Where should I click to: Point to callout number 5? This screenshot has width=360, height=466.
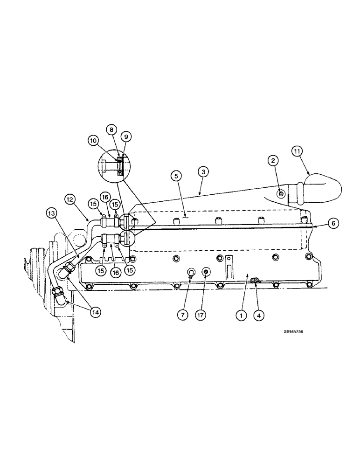tap(175, 176)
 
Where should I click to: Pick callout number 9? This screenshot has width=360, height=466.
tap(125, 137)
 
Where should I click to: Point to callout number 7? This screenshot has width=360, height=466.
tap(182, 315)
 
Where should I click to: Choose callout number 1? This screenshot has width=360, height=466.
tap(241, 315)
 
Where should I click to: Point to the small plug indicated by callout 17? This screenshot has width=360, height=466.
tap(206, 271)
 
